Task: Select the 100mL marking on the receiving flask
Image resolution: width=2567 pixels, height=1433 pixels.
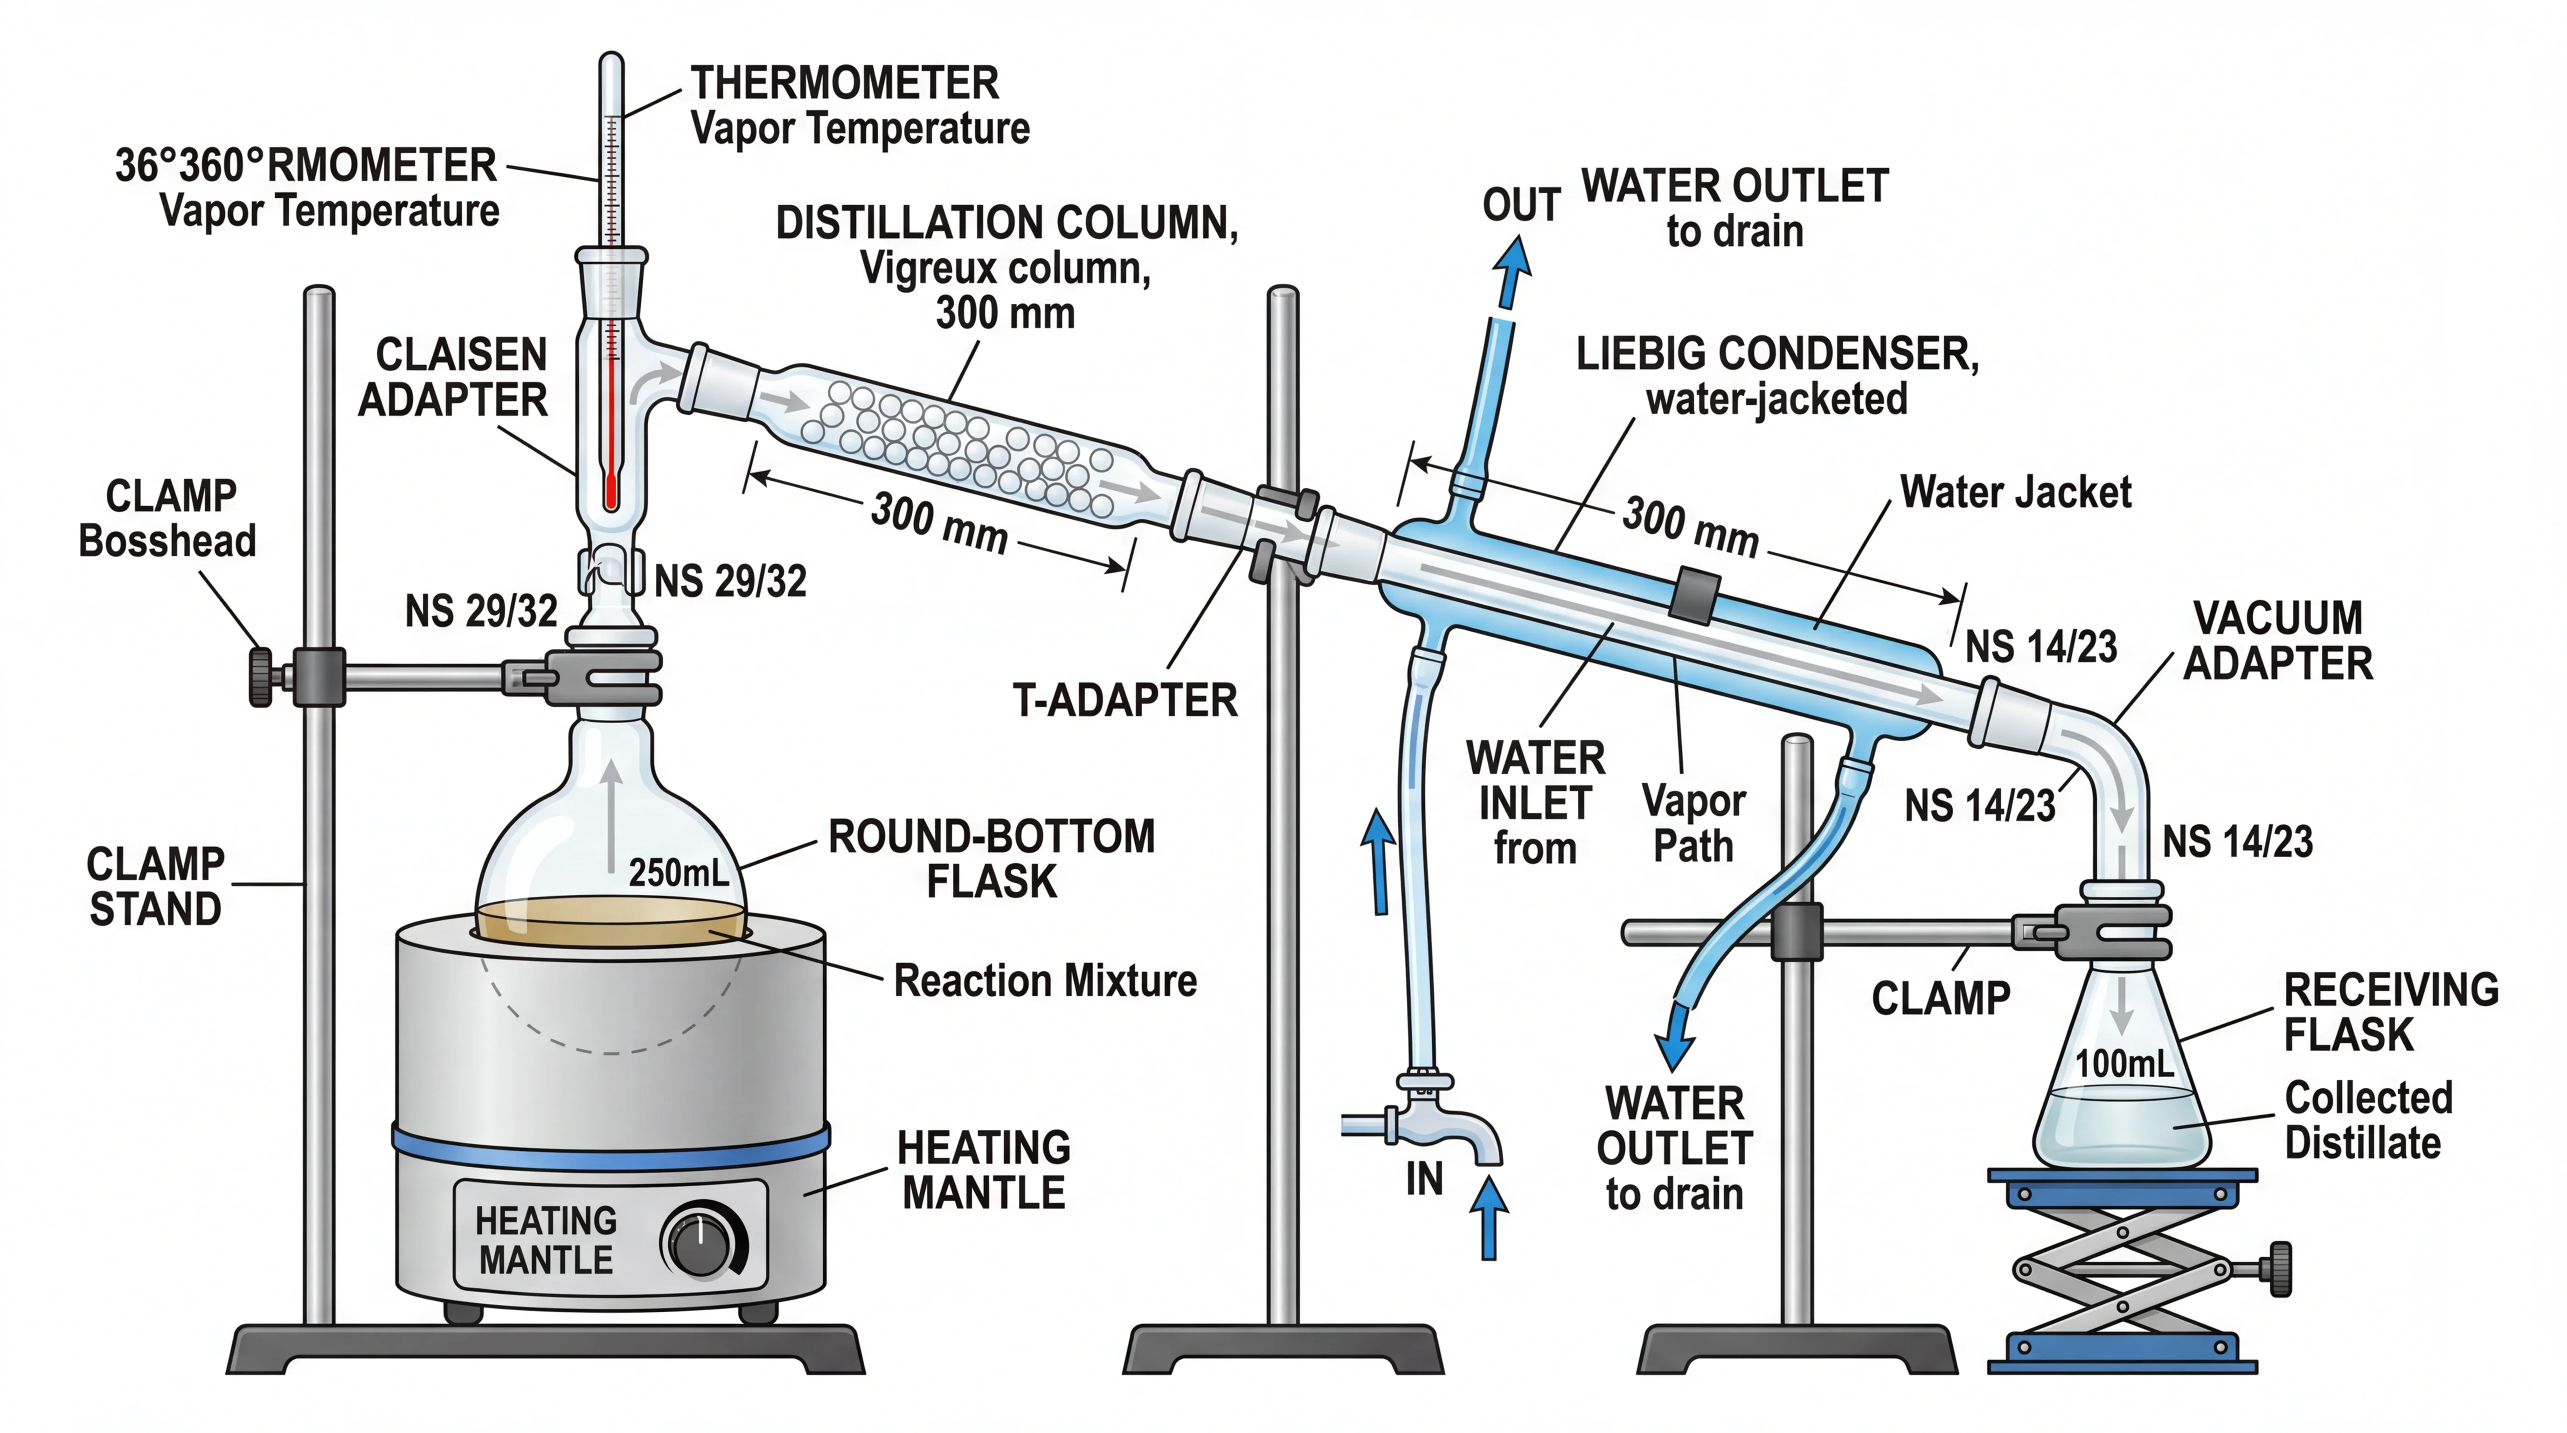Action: pyautogui.click(x=2123, y=1063)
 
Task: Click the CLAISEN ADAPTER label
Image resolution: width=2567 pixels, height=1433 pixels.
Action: pyautogui.click(x=453, y=377)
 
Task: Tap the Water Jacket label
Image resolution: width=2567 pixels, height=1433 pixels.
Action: pyautogui.click(x=2015, y=492)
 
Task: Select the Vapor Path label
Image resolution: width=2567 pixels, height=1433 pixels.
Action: pyautogui.click(x=1693, y=823)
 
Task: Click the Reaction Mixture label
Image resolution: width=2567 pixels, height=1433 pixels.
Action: pyautogui.click(x=1044, y=981)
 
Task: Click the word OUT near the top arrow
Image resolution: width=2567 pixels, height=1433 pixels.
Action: pyautogui.click(x=1519, y=205)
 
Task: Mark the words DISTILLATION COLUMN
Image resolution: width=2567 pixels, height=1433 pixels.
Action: pyautogui.click(x=1006, y=223)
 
